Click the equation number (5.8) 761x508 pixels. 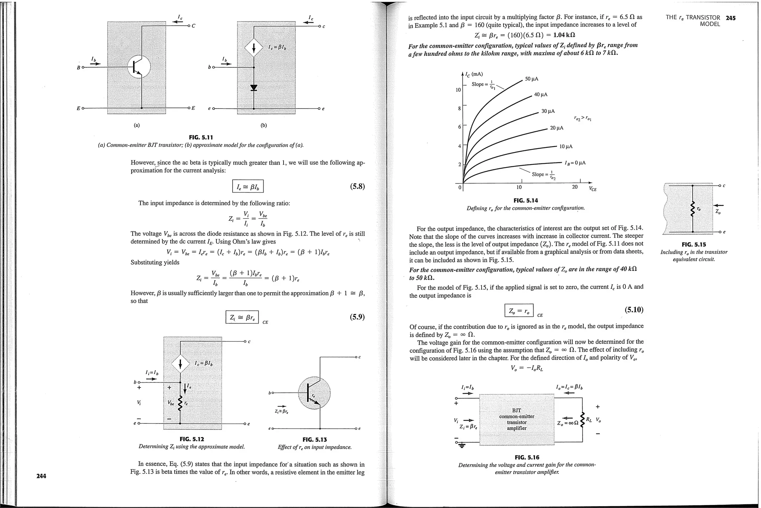[357, 186]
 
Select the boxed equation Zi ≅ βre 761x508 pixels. [242, 317]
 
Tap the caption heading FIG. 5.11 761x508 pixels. [201, 138]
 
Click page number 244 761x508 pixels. [41, 476]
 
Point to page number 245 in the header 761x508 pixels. [731, 17]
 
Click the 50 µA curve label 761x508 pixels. [531, 79]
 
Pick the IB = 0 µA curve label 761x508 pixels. [575, 163]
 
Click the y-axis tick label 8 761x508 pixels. [459, 108]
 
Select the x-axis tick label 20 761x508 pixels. [575, 187]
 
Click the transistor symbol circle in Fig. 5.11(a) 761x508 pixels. [138, 67]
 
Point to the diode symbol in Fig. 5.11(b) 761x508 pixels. [254, 88]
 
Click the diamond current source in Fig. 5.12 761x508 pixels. [180, 364]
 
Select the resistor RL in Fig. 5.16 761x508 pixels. [582, 420]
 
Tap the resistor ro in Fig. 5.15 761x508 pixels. [692, 210]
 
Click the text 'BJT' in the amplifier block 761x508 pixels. [516, 410]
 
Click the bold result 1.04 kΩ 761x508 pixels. [564, 35]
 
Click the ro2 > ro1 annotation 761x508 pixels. [583, 119]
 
